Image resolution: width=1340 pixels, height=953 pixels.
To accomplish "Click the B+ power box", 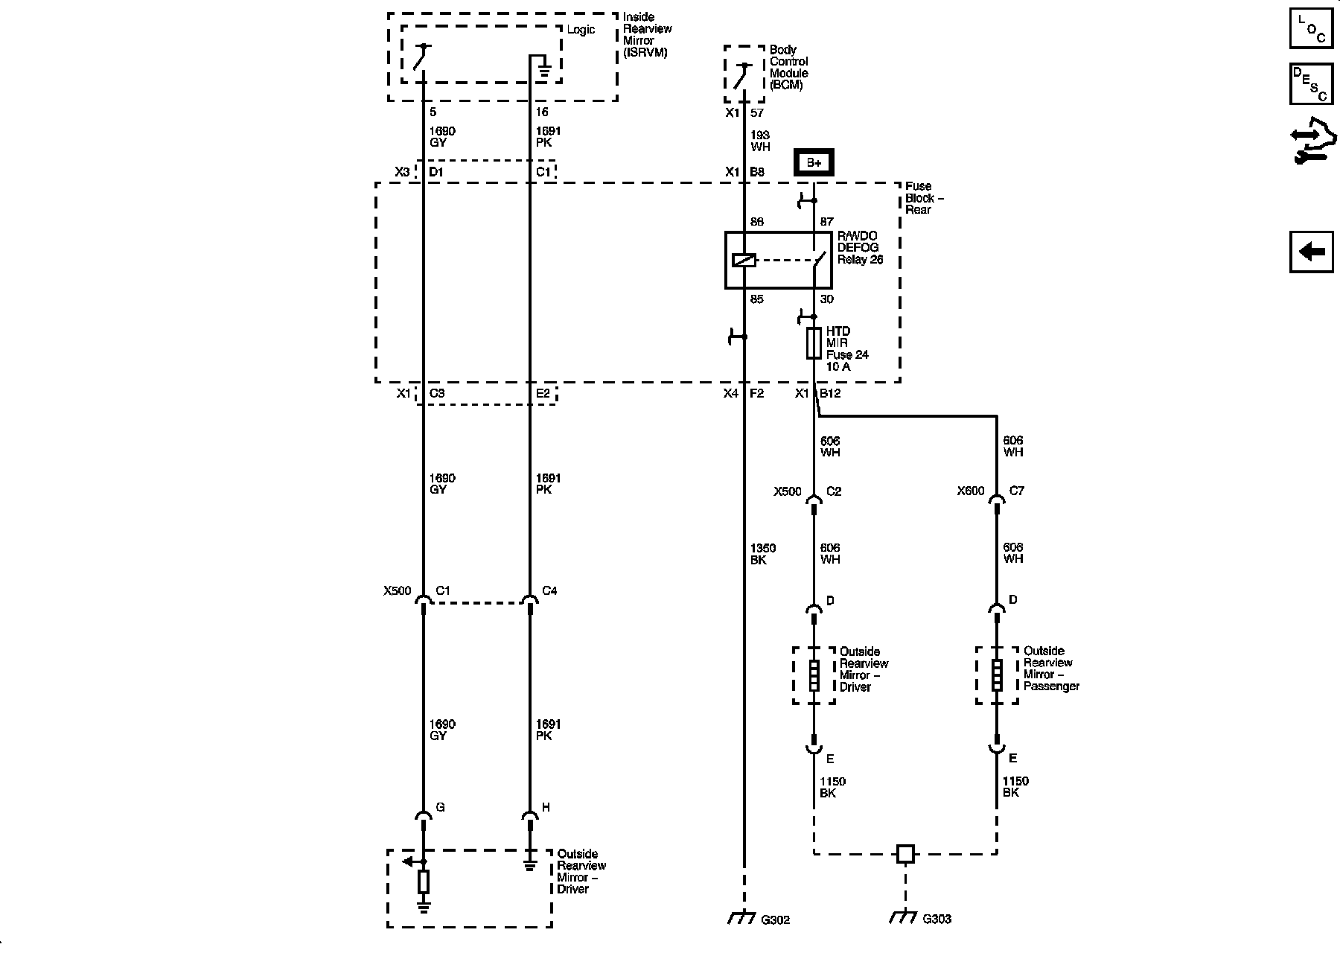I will click(x=814, y=162).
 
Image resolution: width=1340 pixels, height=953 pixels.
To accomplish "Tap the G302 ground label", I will click(x=774, y=919).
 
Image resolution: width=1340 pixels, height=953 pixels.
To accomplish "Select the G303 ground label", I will click(x=937, y=919).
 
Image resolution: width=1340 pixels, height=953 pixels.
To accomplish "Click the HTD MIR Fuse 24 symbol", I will click(x=814, y=343).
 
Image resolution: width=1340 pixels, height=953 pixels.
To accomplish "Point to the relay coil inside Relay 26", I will click(x=744, y=260).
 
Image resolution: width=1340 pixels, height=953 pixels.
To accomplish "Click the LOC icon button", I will click(x=1311, y=28).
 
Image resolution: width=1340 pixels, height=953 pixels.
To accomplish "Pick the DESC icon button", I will click(x=1311, y=84).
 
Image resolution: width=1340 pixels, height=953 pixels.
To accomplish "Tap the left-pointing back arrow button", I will click(x=1311, y=252).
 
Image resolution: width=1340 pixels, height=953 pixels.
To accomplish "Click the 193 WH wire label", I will click(x=760, y=141).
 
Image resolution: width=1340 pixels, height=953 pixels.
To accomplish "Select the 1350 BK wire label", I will click(x=762, y=554).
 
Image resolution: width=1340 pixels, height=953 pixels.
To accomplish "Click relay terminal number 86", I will click(x=756, y=222).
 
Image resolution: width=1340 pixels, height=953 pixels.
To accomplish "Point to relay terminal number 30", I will click(x=826, y=299).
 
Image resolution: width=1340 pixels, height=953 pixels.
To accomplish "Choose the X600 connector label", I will click(x=971, y=491).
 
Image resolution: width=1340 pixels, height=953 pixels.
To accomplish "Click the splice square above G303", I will click(x=905, y=854).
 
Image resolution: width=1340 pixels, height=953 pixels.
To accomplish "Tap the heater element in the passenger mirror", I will click(x=997, y=675).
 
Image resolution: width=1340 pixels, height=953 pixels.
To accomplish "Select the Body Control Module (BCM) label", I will click(x=788, y=68).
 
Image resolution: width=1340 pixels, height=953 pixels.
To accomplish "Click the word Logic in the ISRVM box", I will click(x=581, y=30).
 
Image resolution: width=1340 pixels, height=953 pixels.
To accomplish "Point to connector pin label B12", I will click(x=830, y=393).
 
